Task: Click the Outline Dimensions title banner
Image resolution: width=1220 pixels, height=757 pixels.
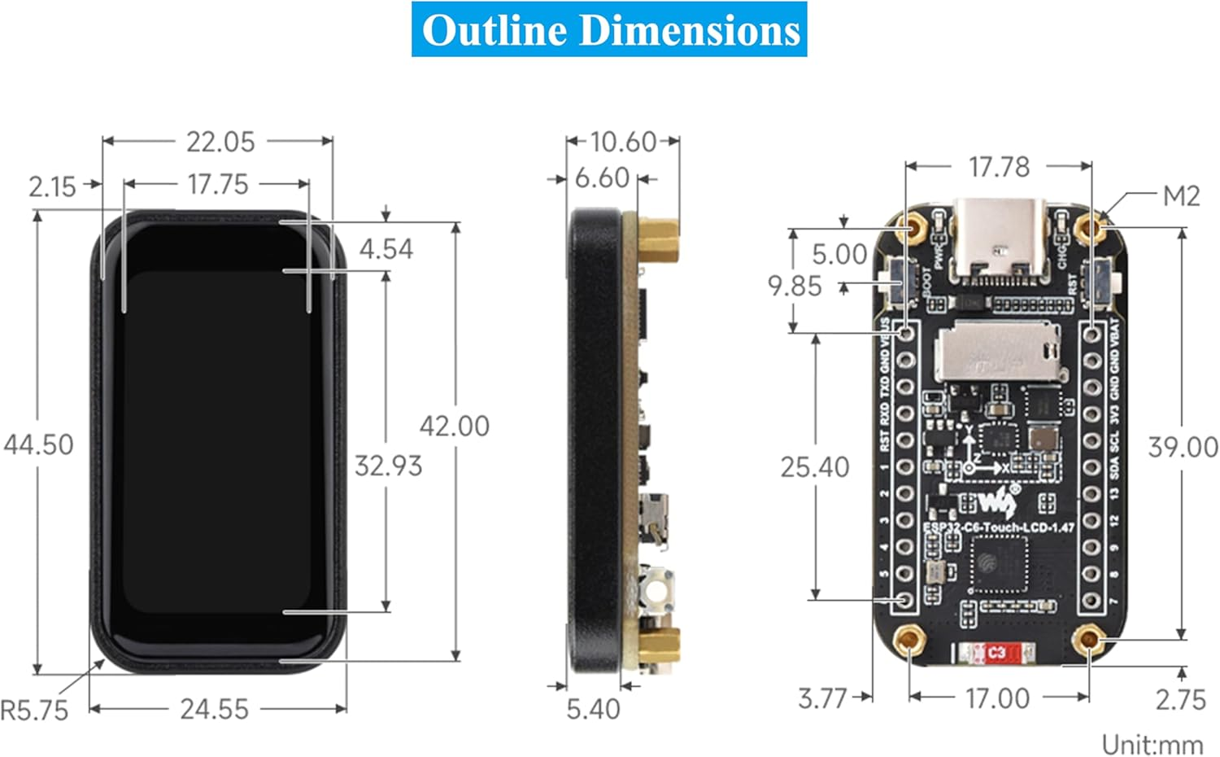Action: point(609,30)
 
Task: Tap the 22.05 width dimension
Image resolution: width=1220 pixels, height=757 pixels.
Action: point(220,142)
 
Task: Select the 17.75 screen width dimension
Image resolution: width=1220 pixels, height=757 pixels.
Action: point(217,184)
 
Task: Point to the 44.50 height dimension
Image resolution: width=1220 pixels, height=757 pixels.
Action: point(38,444)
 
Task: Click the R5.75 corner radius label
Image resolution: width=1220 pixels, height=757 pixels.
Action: point(34,711)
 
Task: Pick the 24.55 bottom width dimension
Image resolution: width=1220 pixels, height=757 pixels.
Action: point(214,709)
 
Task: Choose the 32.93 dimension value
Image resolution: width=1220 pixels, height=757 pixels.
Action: point(388,466)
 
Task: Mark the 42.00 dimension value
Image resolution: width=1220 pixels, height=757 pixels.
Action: point(454,426)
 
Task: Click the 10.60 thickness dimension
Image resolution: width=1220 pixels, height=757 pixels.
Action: point(622,142)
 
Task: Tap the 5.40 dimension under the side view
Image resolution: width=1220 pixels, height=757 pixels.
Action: point(593,709)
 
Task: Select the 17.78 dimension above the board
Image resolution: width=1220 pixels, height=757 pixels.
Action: point(999,167)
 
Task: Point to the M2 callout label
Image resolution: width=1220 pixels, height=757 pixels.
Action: point(1181,196)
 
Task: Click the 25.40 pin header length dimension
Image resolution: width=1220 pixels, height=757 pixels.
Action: point(814,466)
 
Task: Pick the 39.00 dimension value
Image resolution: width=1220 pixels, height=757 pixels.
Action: point(1183,447)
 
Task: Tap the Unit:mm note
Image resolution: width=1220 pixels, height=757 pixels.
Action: point(1152,744)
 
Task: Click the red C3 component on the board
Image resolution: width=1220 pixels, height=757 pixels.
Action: point(995,652)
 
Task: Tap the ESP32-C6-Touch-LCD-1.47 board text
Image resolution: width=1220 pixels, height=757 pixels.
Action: point(998,527)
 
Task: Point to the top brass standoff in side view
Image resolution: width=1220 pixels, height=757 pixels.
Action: point(657,239)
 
